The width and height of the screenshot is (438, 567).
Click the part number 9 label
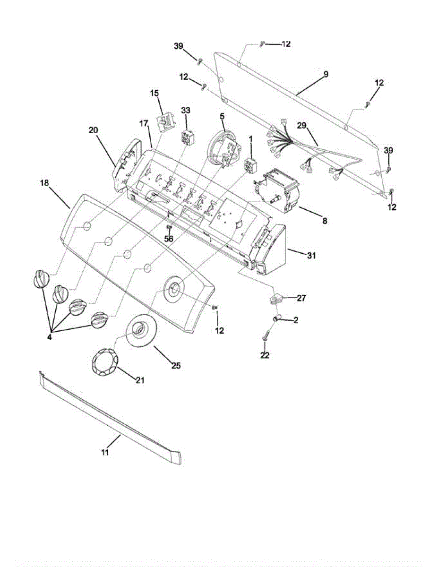(x=326, y=75)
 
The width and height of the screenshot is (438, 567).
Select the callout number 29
(x=302, y=126)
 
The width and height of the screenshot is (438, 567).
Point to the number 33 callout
(x=186, y=110)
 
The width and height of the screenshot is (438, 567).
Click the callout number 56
(x=169, y=239)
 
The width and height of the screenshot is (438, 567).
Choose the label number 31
(x=311, y=256)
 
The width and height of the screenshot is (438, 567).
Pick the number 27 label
(x=301, y=298)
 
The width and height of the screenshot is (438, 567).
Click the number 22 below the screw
(x=265, y=355)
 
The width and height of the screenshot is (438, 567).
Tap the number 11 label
(x=105, y=452)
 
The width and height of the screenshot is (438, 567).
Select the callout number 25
(x=176, y=365)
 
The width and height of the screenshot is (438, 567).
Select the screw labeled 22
(x=265, y=338)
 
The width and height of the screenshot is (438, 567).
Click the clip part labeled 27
(x=276, y=298)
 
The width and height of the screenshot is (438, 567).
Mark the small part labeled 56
(x=169, y=229)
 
